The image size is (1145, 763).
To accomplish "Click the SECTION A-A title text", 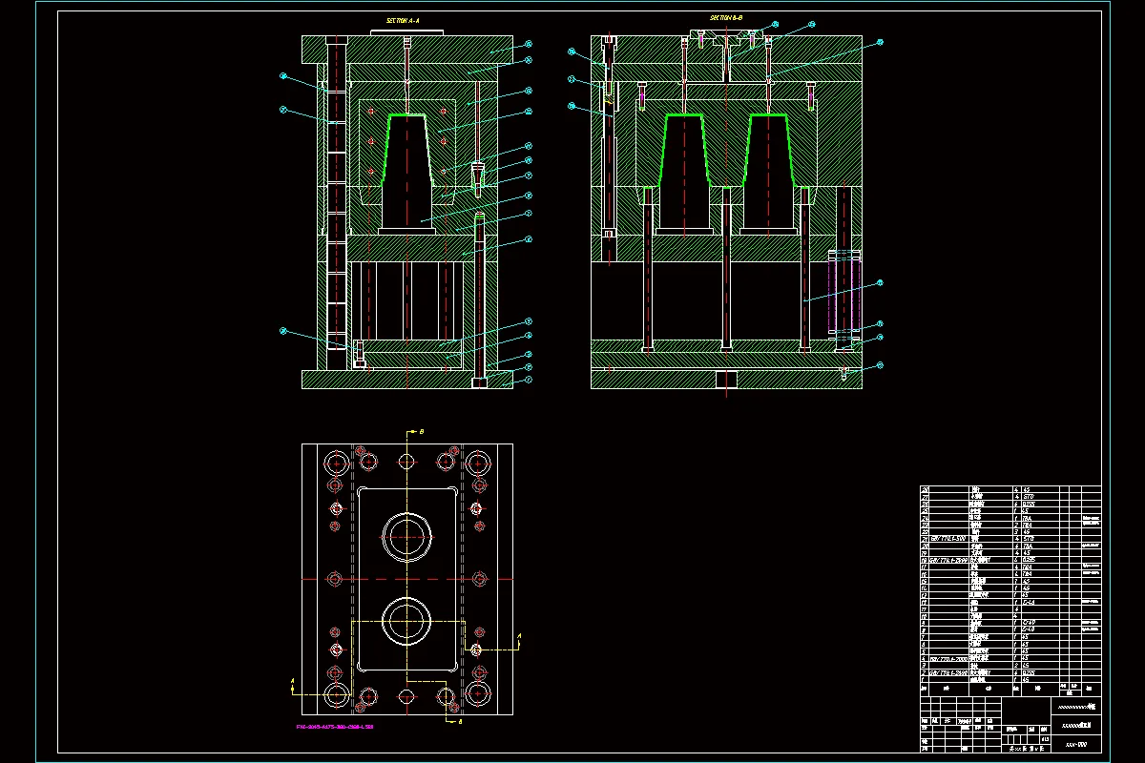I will (402, 19).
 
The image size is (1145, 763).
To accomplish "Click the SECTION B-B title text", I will (726, 18).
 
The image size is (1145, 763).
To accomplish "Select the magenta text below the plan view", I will (334, 727).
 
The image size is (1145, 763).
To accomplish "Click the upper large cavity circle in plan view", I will (407, 537).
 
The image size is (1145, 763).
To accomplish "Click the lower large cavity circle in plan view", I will (407, 622).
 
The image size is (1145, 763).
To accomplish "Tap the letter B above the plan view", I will (422, 432).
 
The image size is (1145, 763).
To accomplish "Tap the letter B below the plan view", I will (462, 722).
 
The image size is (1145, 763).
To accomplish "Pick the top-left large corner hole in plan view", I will (336, 464).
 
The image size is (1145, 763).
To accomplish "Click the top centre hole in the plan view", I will (407, 462).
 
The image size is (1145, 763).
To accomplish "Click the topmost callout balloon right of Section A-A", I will (528, 45).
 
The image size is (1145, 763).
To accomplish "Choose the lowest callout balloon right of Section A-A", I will (528, 379).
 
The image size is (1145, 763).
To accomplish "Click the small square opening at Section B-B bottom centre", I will (727, 380).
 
